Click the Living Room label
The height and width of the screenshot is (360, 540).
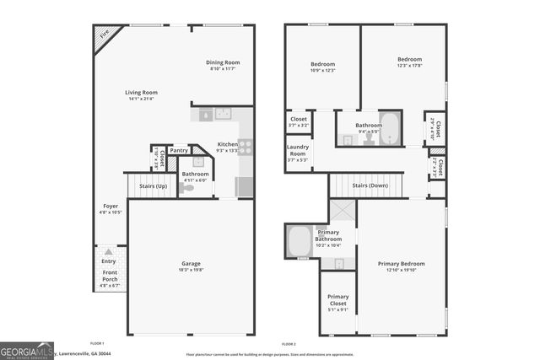[x=142, y=93]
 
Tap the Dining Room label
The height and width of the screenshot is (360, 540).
[x=224, y=62]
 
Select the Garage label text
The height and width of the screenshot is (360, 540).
[x=190, y=264]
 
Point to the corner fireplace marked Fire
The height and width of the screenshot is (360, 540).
[x=105, y=36]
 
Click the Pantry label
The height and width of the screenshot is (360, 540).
[x=179, y=150]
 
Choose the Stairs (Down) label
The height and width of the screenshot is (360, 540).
[x=370, y=185]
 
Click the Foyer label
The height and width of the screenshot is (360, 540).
[x=111, y=206]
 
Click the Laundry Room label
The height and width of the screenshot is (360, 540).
[x=298, y=151]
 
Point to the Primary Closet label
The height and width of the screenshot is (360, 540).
[x=337, y=298]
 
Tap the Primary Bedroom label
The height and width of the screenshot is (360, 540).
[x=401, y=264]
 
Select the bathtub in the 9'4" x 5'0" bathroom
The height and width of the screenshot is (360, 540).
[x=391, y=125]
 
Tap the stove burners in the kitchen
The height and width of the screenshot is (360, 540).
[x=246, y=146]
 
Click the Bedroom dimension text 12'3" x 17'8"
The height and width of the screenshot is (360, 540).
[x=409, y=67]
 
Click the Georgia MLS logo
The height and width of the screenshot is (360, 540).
[x=27, y=350]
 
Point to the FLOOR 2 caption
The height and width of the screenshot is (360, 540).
[x=289, y=344]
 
